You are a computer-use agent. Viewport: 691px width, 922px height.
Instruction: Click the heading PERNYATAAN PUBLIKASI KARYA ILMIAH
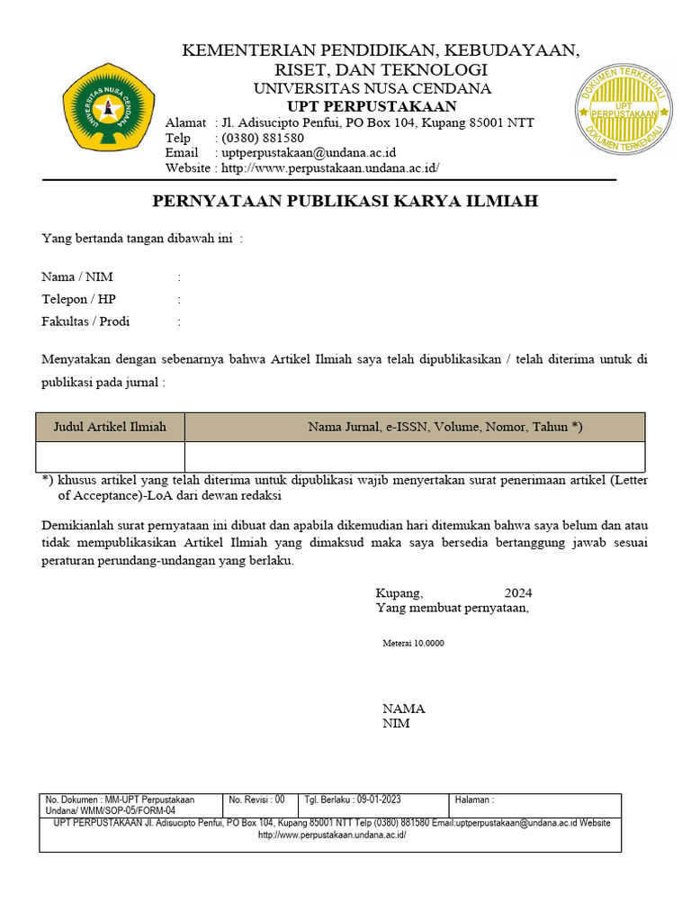pos(345,201)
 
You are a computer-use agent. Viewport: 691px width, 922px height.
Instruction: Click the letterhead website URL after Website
pos(330,168)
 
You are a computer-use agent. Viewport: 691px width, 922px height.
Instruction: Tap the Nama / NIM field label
pos(77,276)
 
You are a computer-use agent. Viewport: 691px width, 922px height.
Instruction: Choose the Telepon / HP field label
pos(79,299)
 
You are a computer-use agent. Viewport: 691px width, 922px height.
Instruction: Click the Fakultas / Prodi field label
pos(85,321)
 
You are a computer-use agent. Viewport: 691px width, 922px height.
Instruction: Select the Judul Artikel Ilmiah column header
pos(110,427)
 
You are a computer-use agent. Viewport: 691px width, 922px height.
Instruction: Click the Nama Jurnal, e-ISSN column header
pos(445,427)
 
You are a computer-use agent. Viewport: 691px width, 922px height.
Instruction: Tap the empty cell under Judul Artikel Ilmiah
pos(110,456)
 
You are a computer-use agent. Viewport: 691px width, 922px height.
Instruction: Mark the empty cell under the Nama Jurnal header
pos(415,456)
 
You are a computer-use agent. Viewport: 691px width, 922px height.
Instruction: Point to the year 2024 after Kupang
pos(518,593)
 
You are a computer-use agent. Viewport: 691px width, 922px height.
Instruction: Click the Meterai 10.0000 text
pos(413,644)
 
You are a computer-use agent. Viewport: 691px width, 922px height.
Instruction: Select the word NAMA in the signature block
pos(404,709)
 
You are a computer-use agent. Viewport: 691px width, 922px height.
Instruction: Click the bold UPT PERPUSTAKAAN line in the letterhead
pos(372,106)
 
